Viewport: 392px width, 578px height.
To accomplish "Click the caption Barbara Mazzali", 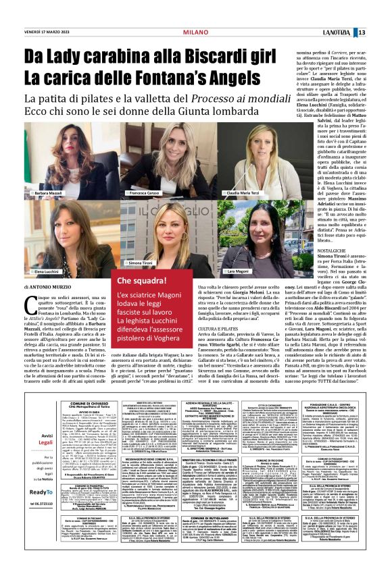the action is tap(51, 192).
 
